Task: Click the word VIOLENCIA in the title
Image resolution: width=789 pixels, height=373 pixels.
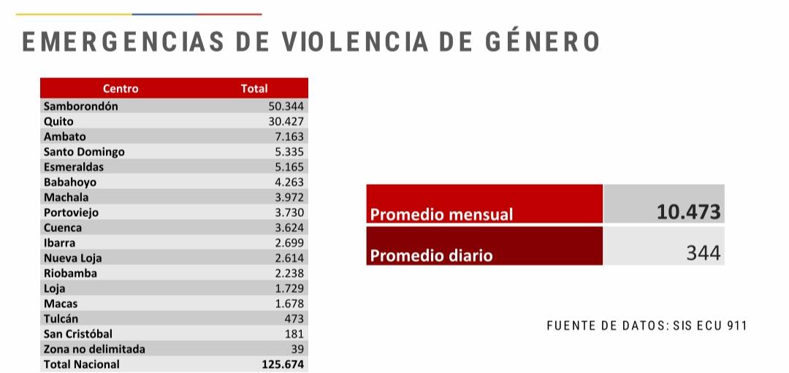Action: (x=354, y=42)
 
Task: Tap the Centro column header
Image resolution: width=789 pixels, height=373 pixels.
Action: (x=121, y=88)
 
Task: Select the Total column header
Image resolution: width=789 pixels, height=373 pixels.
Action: (x=254, y=88)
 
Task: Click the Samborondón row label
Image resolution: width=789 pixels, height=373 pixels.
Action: (x=80, y=106)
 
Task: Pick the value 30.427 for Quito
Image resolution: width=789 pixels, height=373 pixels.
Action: (x=286, y=121)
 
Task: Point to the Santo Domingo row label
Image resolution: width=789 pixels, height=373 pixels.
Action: (x=84, y=152)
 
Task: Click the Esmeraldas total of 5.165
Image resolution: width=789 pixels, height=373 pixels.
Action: (x=289, y=167)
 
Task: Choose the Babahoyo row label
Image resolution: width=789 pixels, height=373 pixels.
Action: (x=70, y=182)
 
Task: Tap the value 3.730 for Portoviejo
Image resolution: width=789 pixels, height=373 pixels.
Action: (x=289, y=212)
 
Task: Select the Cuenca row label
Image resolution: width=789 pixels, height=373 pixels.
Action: (x=62, y=228)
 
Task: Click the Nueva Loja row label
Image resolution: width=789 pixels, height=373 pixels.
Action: (x=72, y=258)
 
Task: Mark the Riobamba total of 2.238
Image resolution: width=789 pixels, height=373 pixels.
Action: (x=289, y=273)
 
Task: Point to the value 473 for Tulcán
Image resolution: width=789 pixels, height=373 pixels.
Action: (x=294, y=319)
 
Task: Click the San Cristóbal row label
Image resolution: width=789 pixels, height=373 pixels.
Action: (x=78, y=334)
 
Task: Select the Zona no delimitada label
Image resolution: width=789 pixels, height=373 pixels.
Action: (x=94, y=349)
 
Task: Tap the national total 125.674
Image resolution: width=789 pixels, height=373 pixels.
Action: (x=283, y=364)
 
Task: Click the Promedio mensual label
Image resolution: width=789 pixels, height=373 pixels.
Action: (x=441, y=215)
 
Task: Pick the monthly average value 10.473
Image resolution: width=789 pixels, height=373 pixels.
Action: (x=688, y=212)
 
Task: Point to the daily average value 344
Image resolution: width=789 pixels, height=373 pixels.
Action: (x=704, y=253)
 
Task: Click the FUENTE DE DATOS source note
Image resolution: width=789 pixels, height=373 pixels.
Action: (x=647, y=326)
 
